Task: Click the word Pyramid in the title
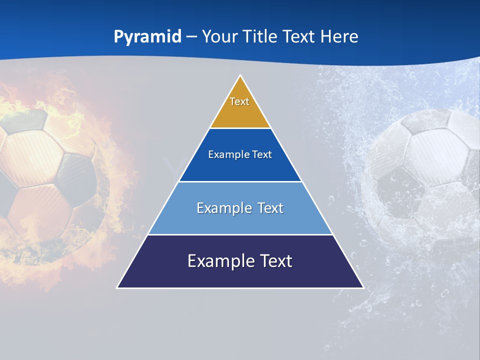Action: pos(147,37)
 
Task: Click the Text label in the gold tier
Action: pos(239,101)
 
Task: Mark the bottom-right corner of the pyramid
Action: pos(362,287)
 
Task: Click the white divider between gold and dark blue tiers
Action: pos(240,128)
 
